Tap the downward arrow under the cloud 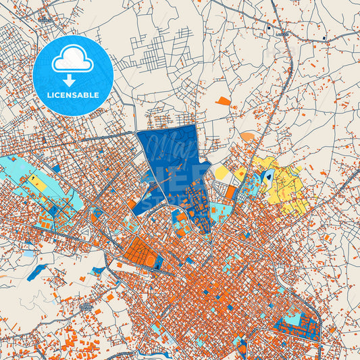coord(72,79)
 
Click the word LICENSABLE coord(72,95)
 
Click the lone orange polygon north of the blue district coord(223,101)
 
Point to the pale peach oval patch coord(248,136)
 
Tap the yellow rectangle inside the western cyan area coord(34,180)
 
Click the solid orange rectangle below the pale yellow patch coord(230,192)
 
